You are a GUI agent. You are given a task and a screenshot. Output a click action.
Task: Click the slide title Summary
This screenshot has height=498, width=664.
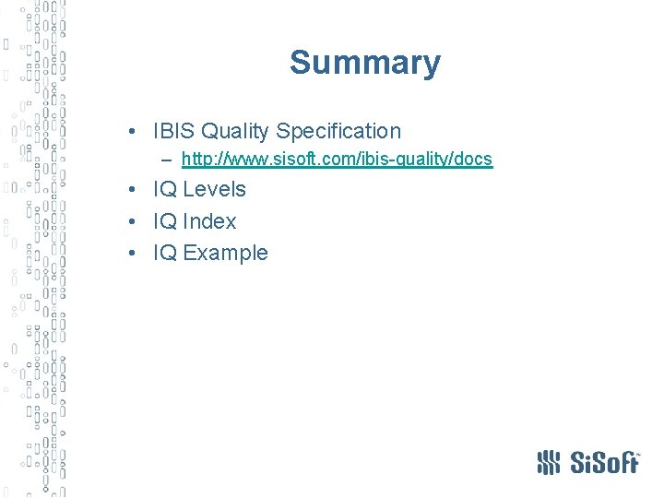pyautogui.click(x=365, y=64)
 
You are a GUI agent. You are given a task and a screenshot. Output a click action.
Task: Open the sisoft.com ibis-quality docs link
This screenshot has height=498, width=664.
pyautogui.click(x=337, y=160)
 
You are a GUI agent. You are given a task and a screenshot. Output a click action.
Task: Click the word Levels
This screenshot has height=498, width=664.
pyautogui.click(x=214, y=190)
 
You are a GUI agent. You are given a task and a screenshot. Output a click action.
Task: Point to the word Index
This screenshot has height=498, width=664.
pyautogui.click(x=209, y=222)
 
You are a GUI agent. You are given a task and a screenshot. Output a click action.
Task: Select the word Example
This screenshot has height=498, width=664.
pyautogui.click(x=226, y=254)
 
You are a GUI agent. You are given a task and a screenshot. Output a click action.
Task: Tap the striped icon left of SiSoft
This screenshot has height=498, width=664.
pyautogui.click(x=549, y=461)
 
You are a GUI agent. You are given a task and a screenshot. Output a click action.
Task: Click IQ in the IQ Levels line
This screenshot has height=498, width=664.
pyautogui.click(x=165, y=190)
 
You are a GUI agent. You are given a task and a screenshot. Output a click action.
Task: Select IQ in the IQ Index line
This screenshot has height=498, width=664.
pyautogui.click(x=165, y=222)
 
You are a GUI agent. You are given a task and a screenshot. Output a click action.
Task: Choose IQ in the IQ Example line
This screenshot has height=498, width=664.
pyautogui.click(x=165, y=254)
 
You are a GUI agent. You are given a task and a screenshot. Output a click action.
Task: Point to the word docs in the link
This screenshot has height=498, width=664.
pyautogui.click(x=474, y=160)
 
